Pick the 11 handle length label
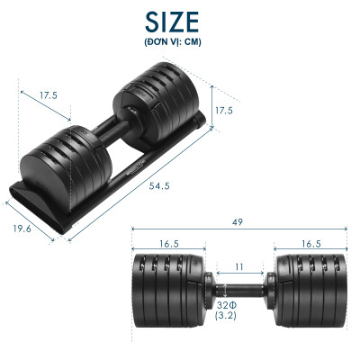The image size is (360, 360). pos(238,266)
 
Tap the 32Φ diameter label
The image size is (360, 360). pos(227,305)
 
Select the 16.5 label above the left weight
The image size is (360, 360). pos(170,244)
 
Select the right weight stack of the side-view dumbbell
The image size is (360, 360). pos(309,287)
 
